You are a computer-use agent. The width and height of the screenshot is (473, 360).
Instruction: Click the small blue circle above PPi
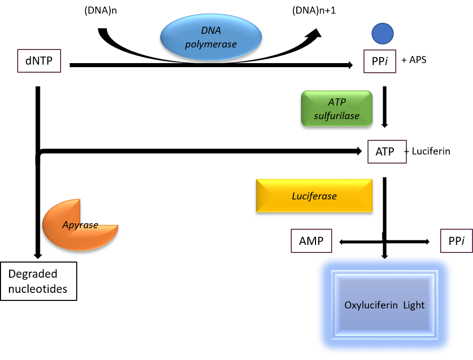pyautogui.click(x=382, y=34)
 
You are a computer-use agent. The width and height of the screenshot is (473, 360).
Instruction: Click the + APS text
pyautogui.click(x=414, y=60)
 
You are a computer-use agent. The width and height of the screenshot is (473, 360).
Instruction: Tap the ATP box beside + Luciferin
pyautogui.click(x=387, y=151)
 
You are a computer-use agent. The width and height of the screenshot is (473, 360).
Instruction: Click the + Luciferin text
pyautogui.click(x=427, y=150)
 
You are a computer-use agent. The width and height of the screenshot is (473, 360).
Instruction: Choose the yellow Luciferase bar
pyautogui.click(x=314, y=195)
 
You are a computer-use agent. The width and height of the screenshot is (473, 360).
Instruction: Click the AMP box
pyautogui.click(x=311, y=241)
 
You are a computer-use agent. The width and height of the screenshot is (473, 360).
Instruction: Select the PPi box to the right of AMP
pyautogui.click(x=456, y=241)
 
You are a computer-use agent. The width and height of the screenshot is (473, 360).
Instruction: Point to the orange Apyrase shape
pyautogui.click(x=80, y=224)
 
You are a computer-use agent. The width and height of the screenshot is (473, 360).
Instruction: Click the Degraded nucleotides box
pyautogui.click(x=38, y=281)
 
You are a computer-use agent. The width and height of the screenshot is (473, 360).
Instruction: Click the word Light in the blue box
pyautogui.click(x=414, y=305)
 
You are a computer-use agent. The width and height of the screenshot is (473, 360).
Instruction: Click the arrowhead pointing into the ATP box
pyautogui.click(x=358, y=150)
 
